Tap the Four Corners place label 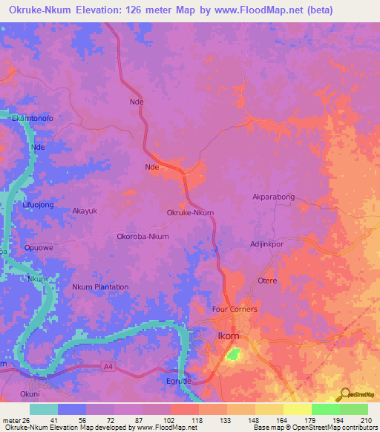point(235,309)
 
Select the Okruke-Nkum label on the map point(190,212)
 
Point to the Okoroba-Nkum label point(143,237)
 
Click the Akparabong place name point(274,197)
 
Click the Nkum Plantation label point(100,287)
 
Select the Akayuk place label point(85,211)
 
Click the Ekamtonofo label point(33,118)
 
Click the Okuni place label point(30,394)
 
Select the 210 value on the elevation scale point(366,421)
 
